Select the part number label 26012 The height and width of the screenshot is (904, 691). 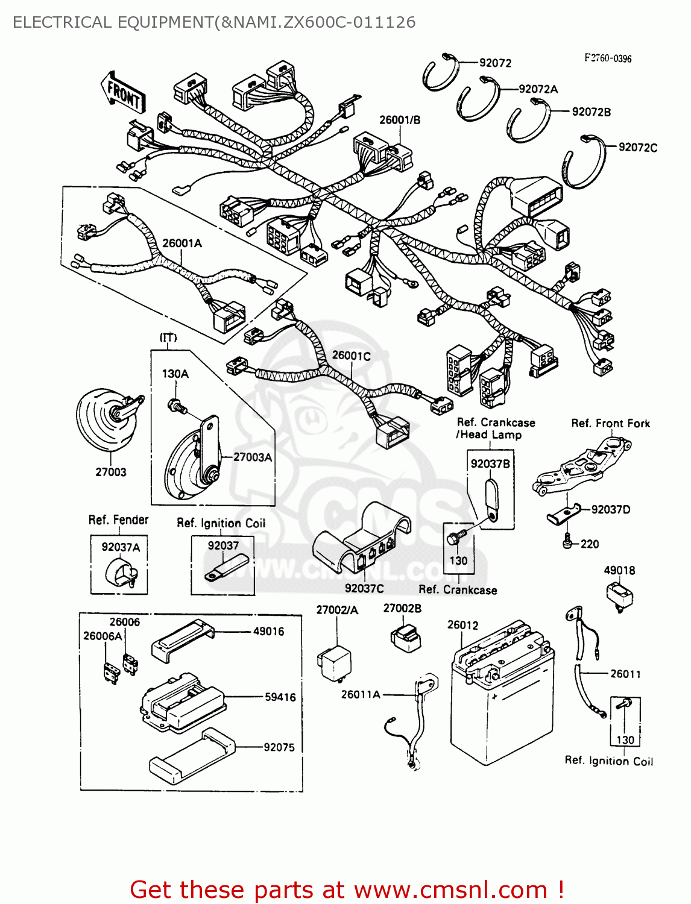462,625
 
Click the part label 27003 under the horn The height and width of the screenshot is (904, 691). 111,472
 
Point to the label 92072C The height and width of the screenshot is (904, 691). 638,148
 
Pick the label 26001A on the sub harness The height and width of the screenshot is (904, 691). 182,243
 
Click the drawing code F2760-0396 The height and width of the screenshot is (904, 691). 608,58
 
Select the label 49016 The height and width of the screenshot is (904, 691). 268,632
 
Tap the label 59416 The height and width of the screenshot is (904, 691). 280,697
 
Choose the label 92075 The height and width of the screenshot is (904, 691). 279,747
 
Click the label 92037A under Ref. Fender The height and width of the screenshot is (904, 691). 121,547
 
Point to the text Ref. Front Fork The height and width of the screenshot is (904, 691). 611,423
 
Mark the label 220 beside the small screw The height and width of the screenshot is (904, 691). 590,544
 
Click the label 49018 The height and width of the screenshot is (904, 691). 619,570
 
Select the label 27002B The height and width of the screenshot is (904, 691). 402,608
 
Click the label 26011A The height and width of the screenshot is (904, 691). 361,694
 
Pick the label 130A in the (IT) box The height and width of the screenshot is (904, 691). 175,374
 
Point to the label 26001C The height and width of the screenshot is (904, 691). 352,356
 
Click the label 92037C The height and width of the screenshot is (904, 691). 364,588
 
